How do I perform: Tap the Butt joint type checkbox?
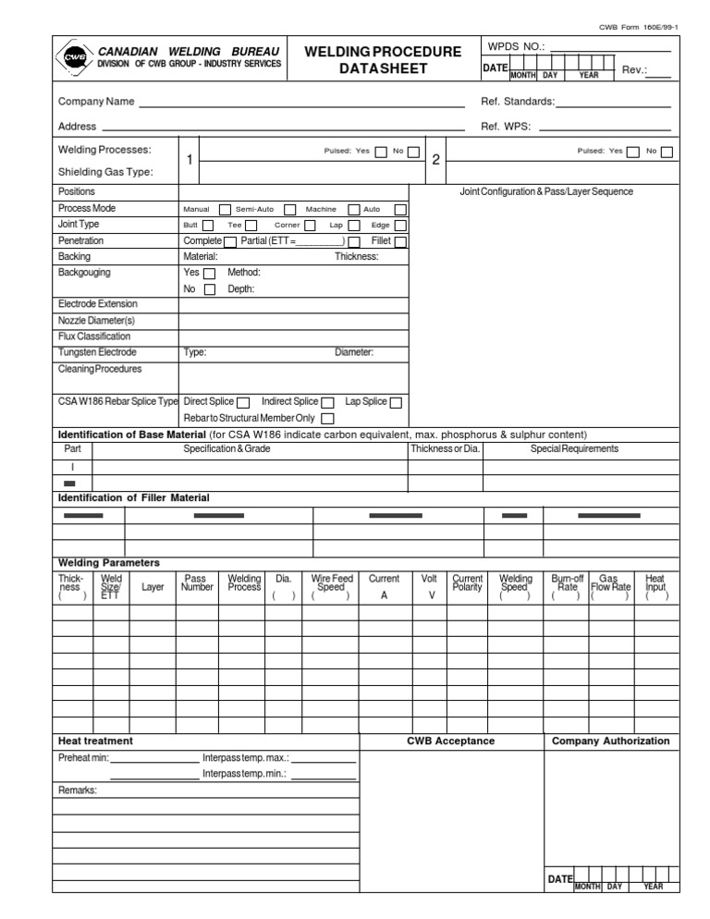[208, 225]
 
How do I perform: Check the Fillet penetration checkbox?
[400, 241]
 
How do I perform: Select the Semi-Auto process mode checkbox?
[290, 209]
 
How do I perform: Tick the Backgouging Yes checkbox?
[210, 274]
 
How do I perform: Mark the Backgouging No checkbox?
[210, 289]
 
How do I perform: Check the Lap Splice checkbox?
[396, 402]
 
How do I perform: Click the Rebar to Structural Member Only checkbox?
[327, 419]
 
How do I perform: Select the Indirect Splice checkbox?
[327, 402]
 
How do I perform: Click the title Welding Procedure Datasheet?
[383, 60]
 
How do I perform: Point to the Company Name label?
[96, 101]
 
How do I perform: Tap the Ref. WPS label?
[506, 127]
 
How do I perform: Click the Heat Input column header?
[655, 586]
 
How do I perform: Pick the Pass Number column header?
[197, 582]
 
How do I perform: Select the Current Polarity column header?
[468, 582]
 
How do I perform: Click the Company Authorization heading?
[610, 741]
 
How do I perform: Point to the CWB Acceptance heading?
[450, 741]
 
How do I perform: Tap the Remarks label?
[77, 790]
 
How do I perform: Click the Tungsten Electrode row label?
[97, 352]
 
